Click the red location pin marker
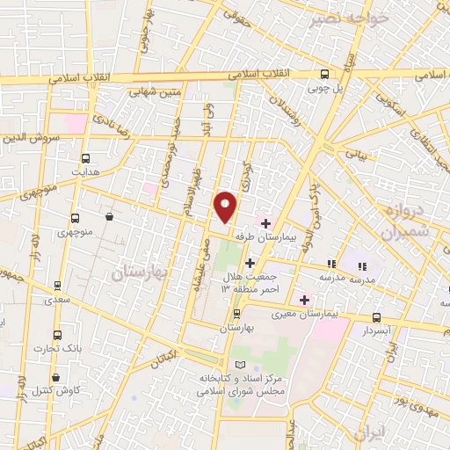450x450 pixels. click(226, 207)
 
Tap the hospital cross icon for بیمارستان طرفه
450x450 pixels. click(265, 223)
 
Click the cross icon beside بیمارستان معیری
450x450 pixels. click(305, 299)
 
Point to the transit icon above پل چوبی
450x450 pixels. click(324, 75)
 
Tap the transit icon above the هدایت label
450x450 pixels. click(85, 159)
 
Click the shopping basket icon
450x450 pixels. click(108, 215)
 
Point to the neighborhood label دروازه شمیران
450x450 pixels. click(403, 220)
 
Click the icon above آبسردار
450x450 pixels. click(377, 317)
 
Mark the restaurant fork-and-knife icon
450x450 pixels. click(331, 264)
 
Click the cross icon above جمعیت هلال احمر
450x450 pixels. click(250, 263)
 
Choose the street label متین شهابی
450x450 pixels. click(156, 89)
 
